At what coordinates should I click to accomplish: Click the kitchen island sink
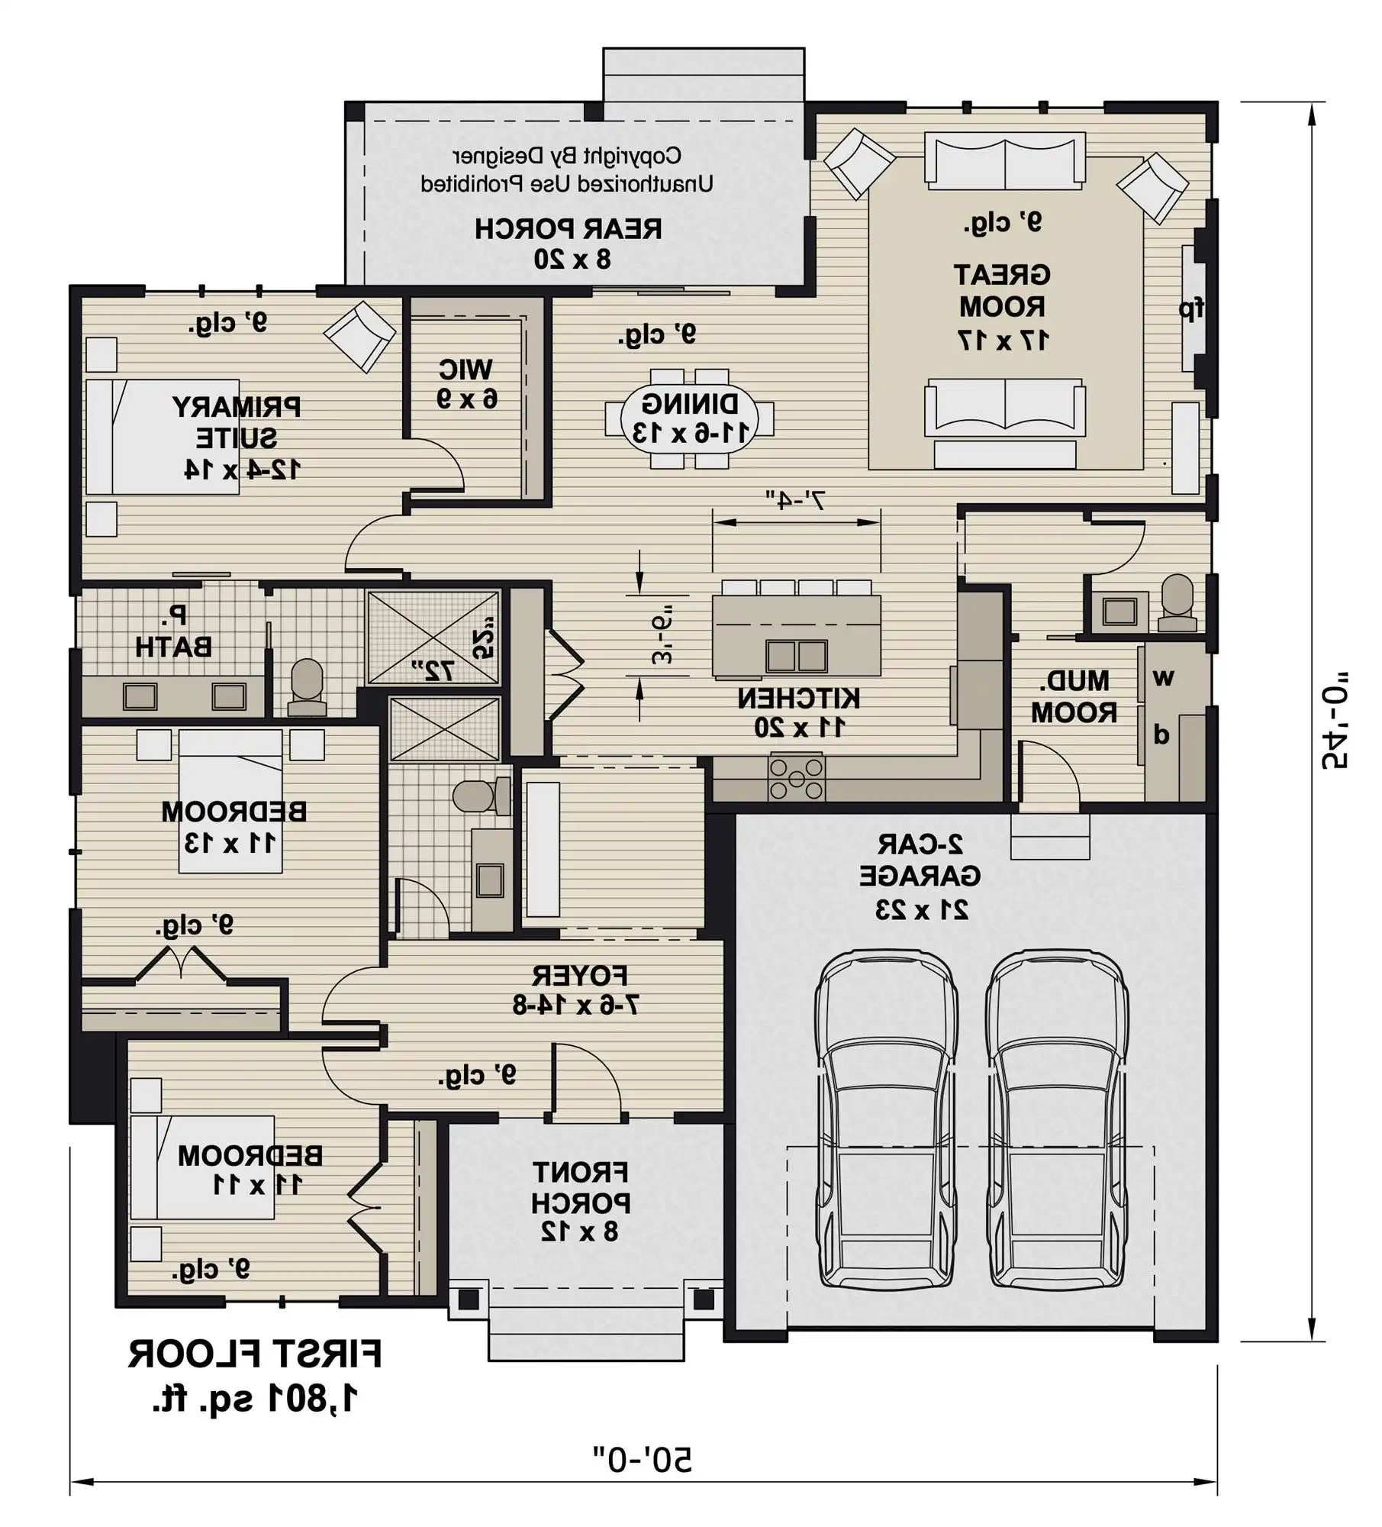(x=797, y=656)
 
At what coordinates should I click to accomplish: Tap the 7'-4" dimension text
(x=796, y=501)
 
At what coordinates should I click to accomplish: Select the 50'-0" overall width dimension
(x=643, y=1459)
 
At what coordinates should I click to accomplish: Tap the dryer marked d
(x=1161, y=735)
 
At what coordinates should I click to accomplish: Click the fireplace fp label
(x=1191, y=308)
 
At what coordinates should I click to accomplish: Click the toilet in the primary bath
(x=307, y=686)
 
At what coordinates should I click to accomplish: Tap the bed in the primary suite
(x=162, y=437)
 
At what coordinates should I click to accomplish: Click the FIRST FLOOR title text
(x=254, y=1355)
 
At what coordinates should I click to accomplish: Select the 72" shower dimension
(x=433, y=670)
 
